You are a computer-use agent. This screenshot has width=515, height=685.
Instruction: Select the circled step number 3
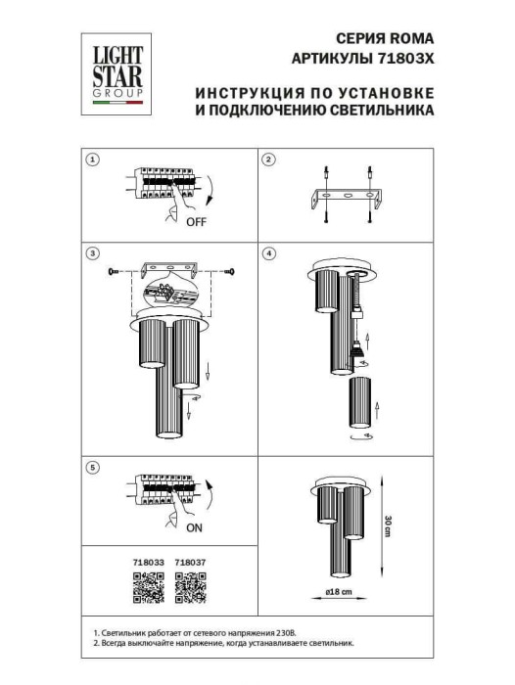92,253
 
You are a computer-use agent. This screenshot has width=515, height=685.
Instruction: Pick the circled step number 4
270,253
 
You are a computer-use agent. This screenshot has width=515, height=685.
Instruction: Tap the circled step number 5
92,468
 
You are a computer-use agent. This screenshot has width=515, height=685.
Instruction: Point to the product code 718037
188,562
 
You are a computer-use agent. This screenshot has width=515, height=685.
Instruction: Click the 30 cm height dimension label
388,524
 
